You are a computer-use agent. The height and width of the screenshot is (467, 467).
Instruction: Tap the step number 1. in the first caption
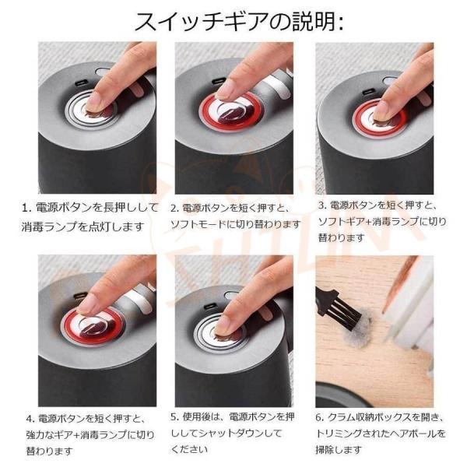[26, 208]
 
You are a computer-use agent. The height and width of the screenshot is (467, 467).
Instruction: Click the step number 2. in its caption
[175, 208]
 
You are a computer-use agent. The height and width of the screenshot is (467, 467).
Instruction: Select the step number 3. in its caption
[322, 205]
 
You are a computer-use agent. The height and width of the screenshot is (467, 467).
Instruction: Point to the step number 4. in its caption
[31, 419]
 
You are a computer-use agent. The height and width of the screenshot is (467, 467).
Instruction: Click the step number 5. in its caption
[175, 416]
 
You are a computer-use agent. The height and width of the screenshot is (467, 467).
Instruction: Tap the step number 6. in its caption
[320, 417]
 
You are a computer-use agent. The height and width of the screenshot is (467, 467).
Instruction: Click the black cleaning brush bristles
[348, 314]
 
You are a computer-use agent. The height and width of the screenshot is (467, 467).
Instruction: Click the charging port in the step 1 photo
[79, 83]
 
